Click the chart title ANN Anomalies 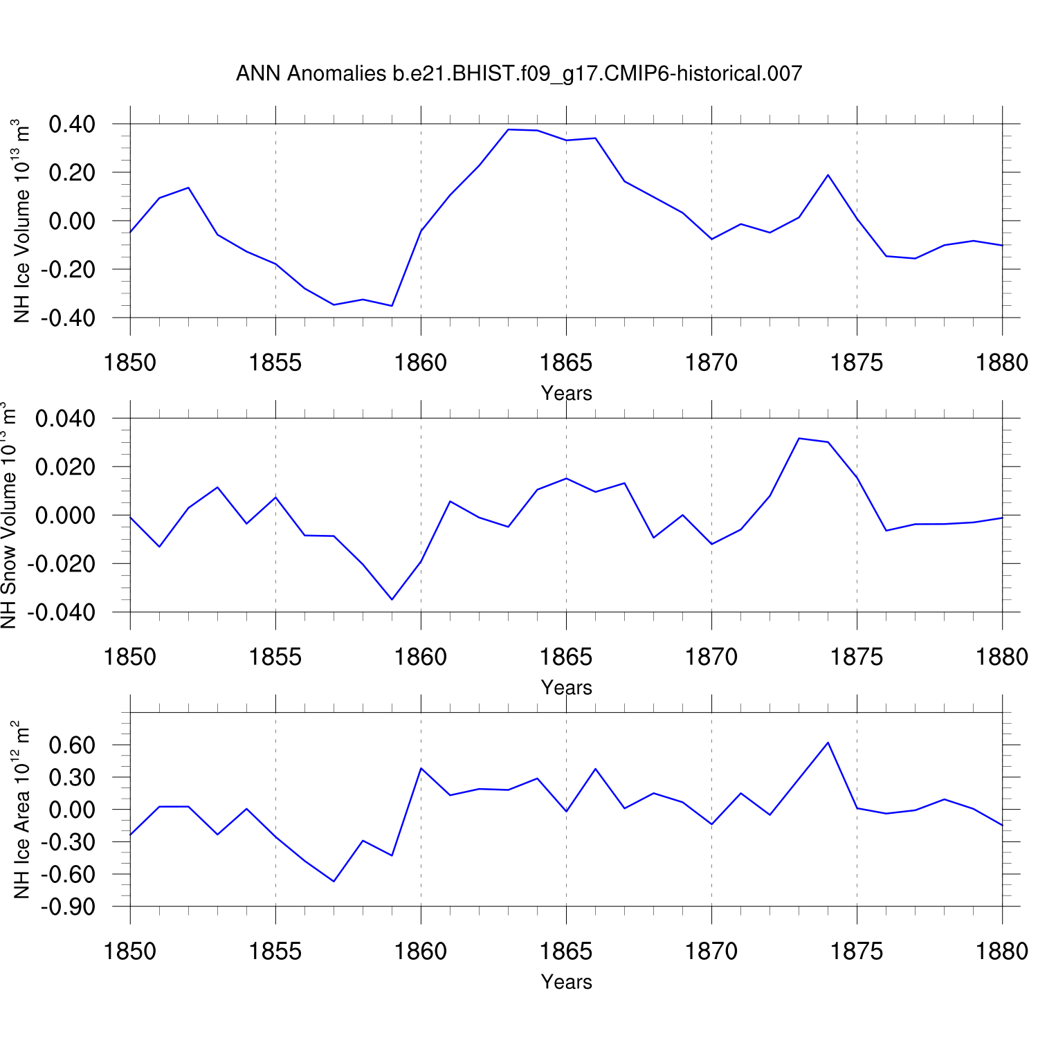519,73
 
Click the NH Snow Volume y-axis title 8,516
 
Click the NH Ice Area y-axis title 21,810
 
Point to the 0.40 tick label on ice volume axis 72,125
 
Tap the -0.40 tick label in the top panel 68,319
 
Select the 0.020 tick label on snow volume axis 65,468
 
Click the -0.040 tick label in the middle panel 61,613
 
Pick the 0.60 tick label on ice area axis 72,746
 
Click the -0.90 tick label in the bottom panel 68,907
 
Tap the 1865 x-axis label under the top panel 566,363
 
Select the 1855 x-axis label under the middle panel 275,657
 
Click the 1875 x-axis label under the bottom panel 857,951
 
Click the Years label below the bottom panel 566,982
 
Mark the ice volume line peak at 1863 508,129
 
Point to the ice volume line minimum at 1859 392,306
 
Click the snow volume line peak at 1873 799,438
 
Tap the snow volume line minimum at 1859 392,599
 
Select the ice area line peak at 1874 828,743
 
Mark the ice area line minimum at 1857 334,882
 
